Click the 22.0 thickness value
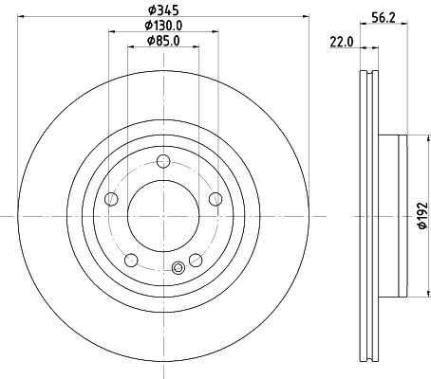coord(342,42)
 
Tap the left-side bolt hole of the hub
coord(110,198)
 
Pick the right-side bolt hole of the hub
coord(215,198)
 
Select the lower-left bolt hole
coord(130,260)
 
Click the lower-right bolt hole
coord(195,260)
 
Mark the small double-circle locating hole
coord(177,268)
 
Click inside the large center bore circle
coord(162,215)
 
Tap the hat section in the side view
coord(394,216)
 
